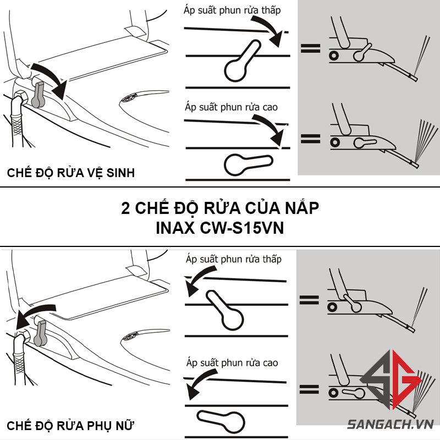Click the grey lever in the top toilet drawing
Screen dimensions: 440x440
tap(38, 95)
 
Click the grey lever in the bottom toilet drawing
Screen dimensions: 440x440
tap(40, 333)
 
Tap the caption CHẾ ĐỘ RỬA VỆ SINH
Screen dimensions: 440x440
tap(71, 173)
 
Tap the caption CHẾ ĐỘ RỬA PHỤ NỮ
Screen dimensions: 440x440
tap(70, 425)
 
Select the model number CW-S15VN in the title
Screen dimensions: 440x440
tap(242, 228)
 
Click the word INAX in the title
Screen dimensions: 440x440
tap(175, 228)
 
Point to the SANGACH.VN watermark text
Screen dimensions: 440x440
tap(391, 424)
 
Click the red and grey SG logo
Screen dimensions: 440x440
tap(391, 379)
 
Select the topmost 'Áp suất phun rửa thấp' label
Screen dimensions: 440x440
tap(232, 10)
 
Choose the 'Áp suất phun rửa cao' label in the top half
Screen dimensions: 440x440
tap(231, 107)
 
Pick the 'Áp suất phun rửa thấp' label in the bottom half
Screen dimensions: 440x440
tap(233, 259)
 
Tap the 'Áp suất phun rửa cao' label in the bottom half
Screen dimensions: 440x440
tap(232, 362)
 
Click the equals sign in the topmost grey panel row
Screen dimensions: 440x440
tap(310, 48)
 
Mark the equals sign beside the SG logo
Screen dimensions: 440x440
tap(309, 389)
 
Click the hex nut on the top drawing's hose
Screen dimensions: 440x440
tap(20, 97)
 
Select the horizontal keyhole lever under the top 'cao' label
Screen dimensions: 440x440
tap(248, 164)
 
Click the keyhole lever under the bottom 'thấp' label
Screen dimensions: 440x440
tap(225, 310)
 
